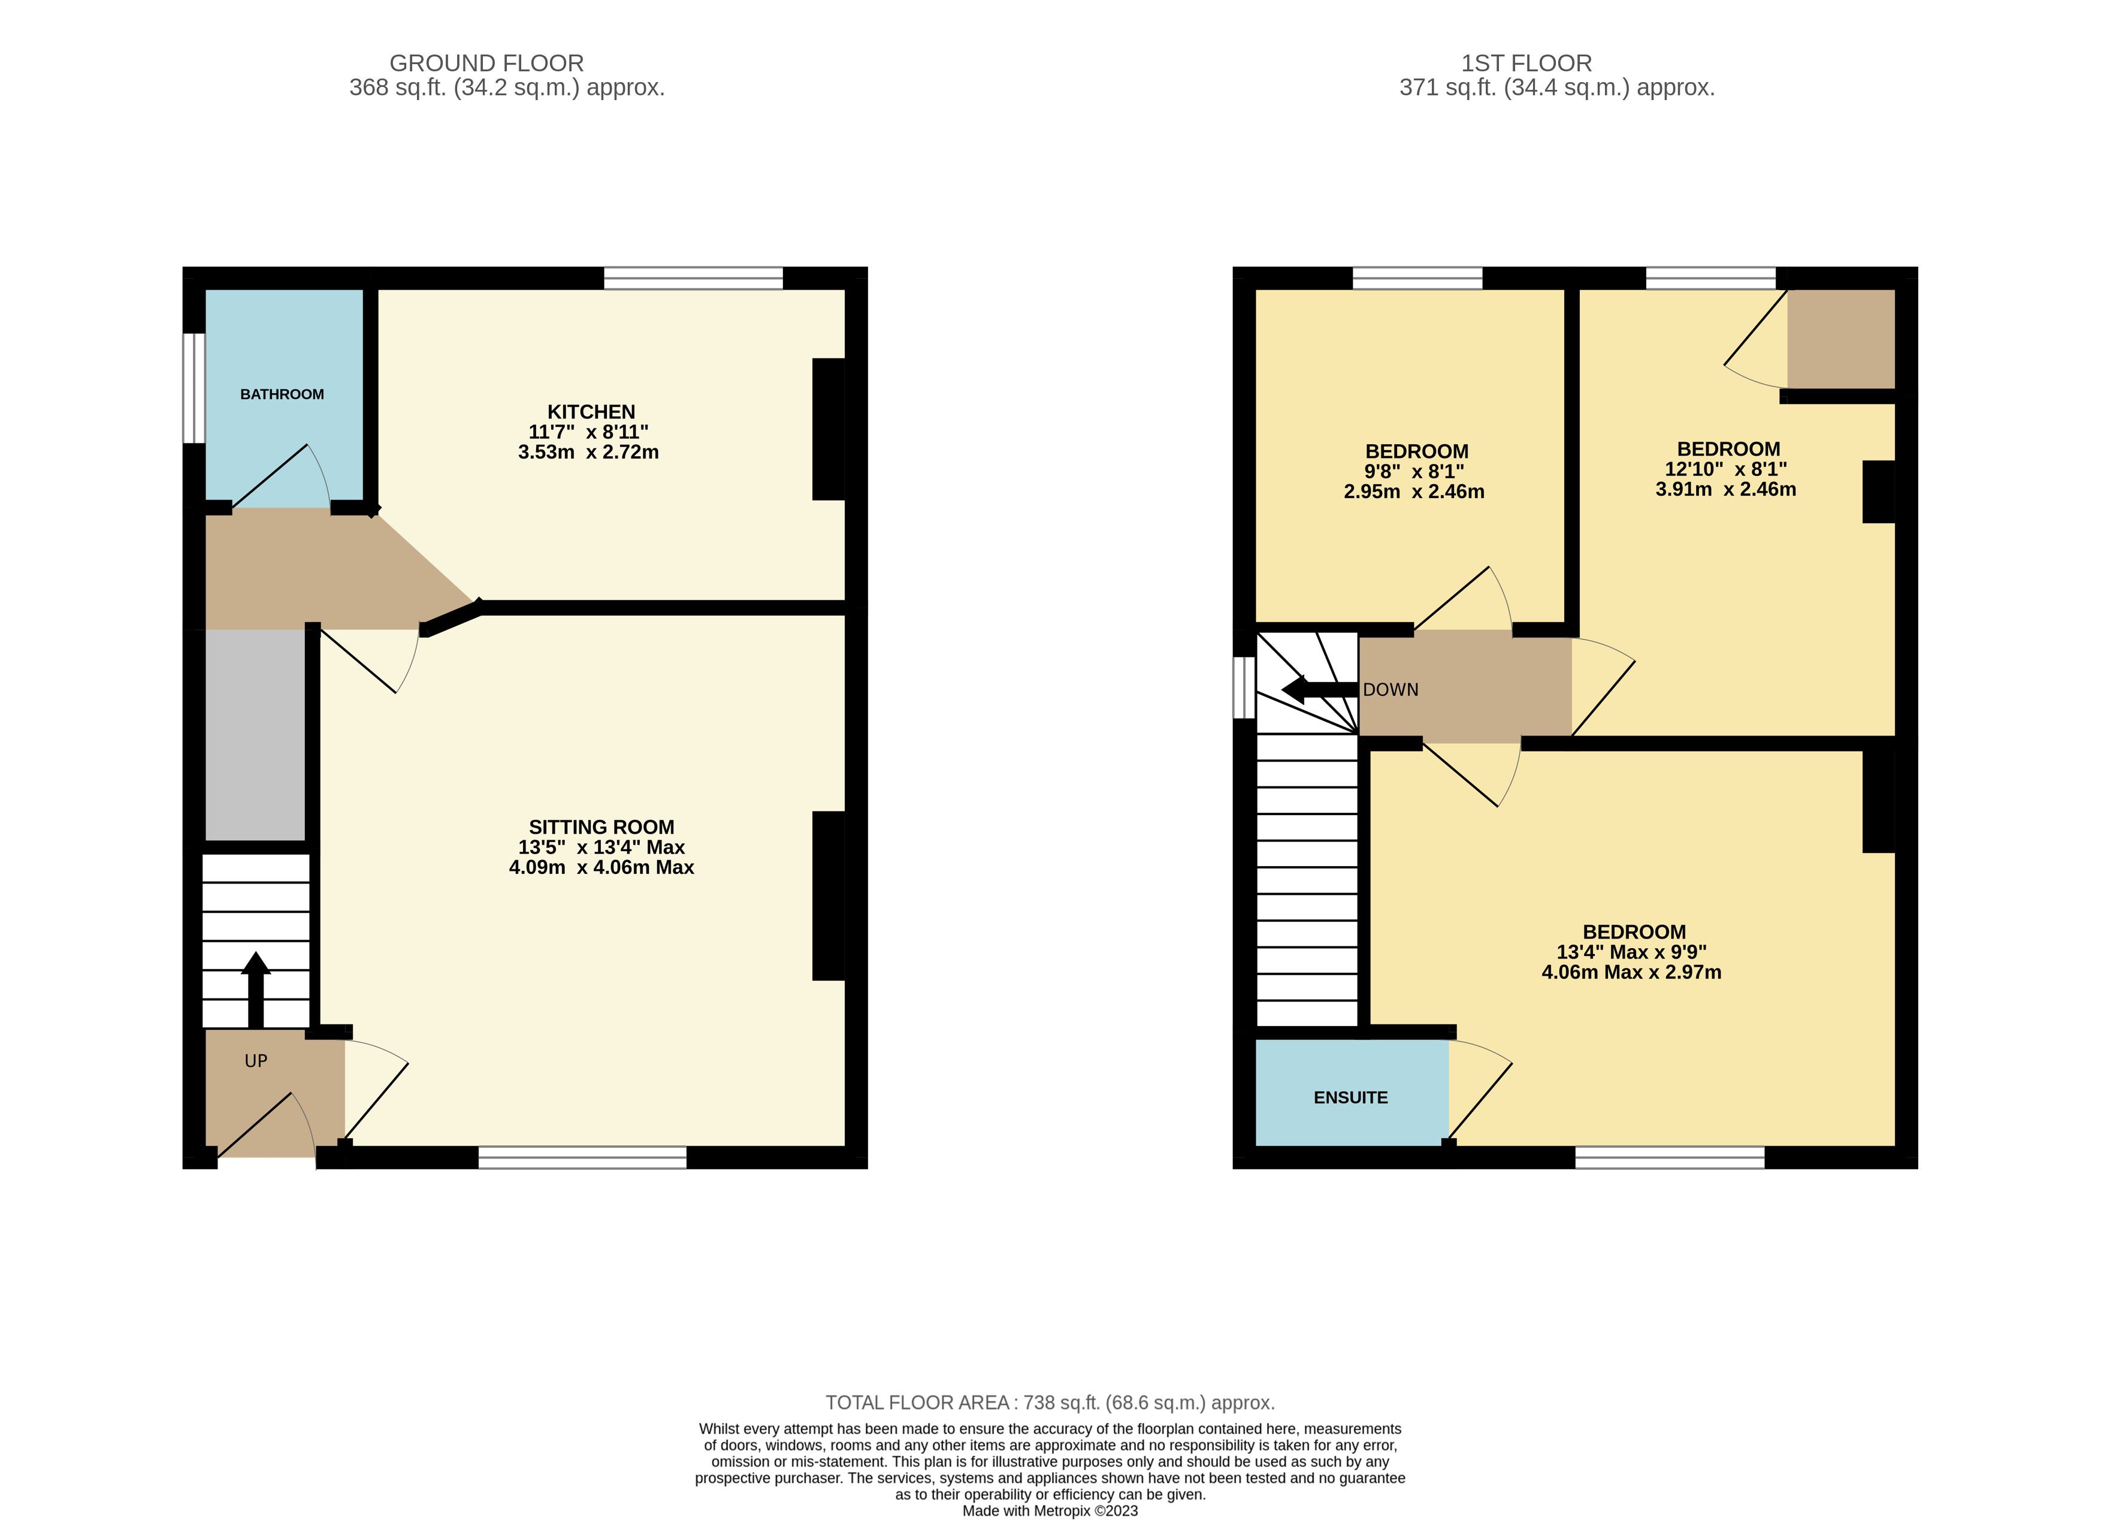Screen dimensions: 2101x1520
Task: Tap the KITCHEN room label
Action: [591, 412]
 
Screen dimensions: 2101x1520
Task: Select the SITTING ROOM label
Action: [601, 827]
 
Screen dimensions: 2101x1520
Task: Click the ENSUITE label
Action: [1350, 1097]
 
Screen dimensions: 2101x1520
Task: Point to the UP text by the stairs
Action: [256, 1060]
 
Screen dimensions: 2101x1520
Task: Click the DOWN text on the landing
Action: [1390, 689]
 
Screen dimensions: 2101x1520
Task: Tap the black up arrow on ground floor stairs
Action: [256, 989]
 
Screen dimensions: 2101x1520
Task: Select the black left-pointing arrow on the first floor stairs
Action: [1319, 689]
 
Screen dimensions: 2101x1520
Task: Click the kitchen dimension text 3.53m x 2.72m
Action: [588, 453]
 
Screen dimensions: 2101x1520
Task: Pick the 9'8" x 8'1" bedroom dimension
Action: [1414, 472]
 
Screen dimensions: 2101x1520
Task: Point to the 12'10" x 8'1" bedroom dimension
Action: [1726, 469]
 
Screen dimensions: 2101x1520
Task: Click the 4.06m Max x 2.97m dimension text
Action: [1631, 972]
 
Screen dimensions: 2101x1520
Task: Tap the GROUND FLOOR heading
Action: [486, 63]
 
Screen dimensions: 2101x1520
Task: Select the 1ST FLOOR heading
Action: [1526, 63]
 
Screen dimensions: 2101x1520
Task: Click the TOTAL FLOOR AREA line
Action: [1051, 1403]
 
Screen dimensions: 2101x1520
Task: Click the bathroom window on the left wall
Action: [193, 388]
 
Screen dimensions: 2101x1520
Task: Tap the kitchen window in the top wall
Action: [693, 278]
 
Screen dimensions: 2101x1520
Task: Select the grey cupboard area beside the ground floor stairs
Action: [255, 735]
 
